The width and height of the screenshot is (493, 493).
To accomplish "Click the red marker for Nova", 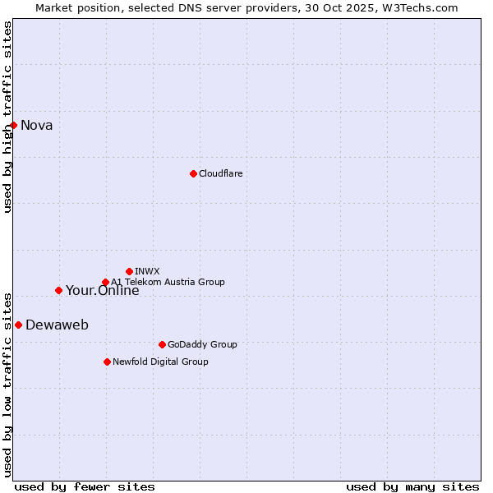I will pyautogui.click(x=14, y=125).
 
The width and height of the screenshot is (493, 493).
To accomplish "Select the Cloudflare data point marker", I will pyautogui.click(x=193, y=173).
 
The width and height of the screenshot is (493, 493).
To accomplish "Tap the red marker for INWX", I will pyautogui.click(x=129, y=271).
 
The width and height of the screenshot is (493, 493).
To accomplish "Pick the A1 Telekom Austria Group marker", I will pyautogui.click(x=105, y=283).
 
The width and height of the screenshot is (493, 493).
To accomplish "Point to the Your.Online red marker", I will pyautogui.click(x=58, y=290).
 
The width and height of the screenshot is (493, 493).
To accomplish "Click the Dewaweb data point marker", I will pyautogui.click(x=18, y=325).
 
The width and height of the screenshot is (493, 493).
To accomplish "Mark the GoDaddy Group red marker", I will pyautogui.click(x=162, y=344).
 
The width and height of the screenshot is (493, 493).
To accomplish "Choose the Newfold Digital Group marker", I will pyautogui.click(x=107, y=362).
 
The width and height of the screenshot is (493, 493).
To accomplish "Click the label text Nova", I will pyautogui.click(x=37, y=126).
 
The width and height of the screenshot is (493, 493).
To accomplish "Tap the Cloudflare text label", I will pyautogui.click(x=220, y=173).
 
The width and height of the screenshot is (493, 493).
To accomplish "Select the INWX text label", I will pyautogui.click(x=147, y=271).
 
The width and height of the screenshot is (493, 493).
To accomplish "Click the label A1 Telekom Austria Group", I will pyautogui.click(x=168, y=282).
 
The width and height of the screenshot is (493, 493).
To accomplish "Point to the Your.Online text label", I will pyautogui.click(x=103, y=291).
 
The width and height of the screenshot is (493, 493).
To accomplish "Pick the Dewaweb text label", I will pyautogui.click(x=57, y=325).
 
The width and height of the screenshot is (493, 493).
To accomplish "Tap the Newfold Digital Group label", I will pyautogui.click(x=160, y=362).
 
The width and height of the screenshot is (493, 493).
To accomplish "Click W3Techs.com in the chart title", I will pyautogui.click(x=418, y=7).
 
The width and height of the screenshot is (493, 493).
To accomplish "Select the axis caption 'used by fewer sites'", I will pyautogui.click(x=85, y=486).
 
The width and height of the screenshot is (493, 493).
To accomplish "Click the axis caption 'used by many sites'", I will pyautogui.click(x=412, y=486).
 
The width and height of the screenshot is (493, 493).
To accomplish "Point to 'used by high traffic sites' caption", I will pyautogui.click(x=8, y=117).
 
